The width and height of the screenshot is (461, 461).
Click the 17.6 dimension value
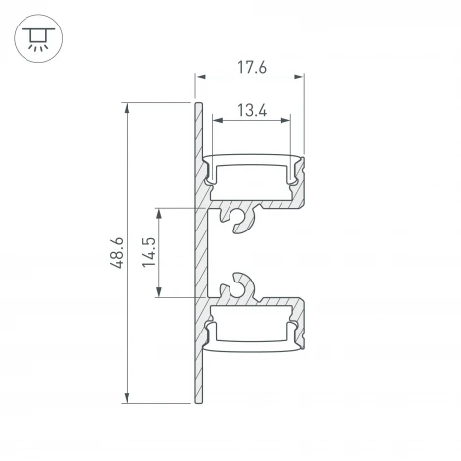(x=250, y=67)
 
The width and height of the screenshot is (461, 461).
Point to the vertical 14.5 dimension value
(x=149, y=252)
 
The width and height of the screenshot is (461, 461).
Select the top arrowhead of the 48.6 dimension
(x=128, y=105)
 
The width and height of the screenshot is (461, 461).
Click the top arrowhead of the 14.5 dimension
(x=161, y=211)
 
